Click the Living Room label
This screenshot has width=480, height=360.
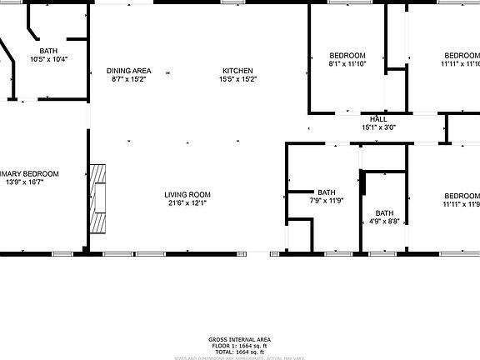[x=187, y=194]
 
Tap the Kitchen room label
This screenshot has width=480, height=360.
[x=238, y=71]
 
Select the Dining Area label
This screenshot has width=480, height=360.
[x=128, y=71]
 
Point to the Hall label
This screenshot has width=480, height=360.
[x=378, y=119]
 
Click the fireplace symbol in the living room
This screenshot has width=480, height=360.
[x=99, y=199]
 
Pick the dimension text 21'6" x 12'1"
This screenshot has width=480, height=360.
[x=187, y=202]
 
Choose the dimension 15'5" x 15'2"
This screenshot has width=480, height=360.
[x=238, y=80]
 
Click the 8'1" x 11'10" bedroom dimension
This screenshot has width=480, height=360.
[x=347, y=64]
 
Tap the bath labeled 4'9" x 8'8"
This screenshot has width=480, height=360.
[x=383, y=222]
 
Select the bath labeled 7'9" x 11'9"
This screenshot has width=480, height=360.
[x=326, y=200]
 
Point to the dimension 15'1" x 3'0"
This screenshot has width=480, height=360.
[x=378, y=127]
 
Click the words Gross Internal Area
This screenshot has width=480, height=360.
[x=239, y=340]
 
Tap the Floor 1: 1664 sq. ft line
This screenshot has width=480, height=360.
[x=239, y=346]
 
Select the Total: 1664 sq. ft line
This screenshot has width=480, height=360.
[x=239, y=352]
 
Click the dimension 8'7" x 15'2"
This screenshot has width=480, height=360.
[x=128, y=80]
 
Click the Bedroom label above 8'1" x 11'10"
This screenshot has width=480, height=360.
[x=347, y=55]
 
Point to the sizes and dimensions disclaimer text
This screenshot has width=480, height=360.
[x=239, y=357]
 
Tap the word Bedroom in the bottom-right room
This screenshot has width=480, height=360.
[x=461, y=194]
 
